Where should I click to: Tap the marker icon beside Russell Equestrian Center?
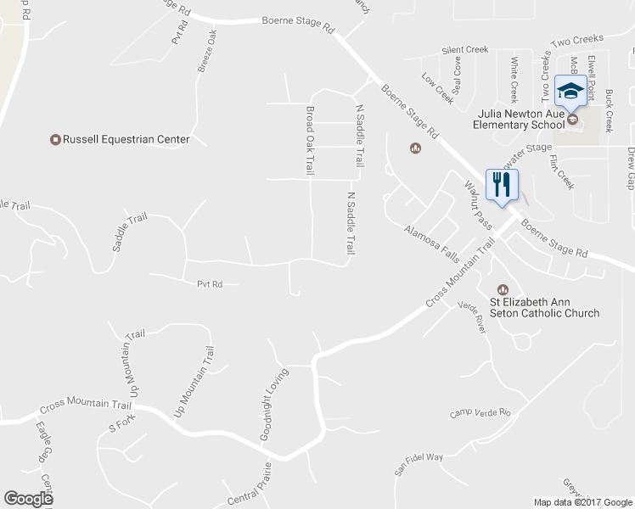(56, 139)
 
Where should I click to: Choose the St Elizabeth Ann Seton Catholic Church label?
(544, 307)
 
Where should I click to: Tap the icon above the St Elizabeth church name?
(502, 289)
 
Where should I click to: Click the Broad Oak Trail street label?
(310, 142)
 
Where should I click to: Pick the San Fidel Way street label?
(418, 462)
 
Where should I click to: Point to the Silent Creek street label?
(464, 51)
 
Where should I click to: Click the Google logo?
(28, 498)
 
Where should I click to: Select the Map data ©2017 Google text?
(583, 502)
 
